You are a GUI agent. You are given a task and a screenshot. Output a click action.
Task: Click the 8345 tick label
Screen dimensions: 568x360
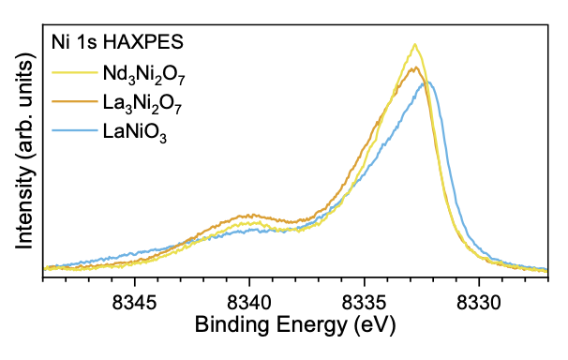click(x=134, y=303)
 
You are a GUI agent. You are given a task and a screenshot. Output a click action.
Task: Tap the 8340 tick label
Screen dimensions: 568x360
click(x=249, y=303)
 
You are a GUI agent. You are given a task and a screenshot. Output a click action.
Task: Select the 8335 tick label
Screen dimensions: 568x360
click(x=365, y=303)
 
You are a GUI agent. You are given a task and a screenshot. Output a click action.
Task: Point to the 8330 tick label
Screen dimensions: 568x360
click(x=479, y=303)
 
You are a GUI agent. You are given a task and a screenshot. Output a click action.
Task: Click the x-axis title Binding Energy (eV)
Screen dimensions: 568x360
click(x=295, y=325)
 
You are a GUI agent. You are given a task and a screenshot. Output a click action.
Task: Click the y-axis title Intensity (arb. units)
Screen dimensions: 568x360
click(x=25, y=151)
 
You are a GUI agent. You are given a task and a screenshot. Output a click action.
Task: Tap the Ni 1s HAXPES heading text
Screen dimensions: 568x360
click(x=117, y=42)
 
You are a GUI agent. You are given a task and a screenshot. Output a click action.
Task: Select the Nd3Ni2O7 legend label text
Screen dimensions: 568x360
click(x=144, y=75)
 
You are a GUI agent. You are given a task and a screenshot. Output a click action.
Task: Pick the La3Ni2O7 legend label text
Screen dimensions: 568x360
click(x=142, y=104)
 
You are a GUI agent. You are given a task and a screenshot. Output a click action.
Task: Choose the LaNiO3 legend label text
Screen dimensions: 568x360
click(x=135, y=133)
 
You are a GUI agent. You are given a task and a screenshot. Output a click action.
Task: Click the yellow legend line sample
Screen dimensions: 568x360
click(x=75, y=73)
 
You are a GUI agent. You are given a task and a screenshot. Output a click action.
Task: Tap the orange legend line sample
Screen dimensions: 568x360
click(x=75, y=102)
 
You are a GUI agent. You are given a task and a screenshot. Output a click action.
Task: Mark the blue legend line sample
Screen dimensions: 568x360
click(x=75, y=130)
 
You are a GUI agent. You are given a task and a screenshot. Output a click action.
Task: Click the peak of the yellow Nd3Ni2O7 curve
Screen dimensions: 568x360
click(x=415, y=45)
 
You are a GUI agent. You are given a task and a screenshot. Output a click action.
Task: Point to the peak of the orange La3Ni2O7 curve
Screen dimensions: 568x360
click(x=416, y=67)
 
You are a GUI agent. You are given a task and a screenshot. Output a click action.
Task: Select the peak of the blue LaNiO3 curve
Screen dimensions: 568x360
click(x=427, y=82)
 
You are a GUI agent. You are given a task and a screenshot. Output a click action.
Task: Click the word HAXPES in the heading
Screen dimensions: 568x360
click(x=143, y=42)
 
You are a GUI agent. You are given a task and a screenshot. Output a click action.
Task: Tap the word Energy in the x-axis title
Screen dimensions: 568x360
click(x=312, y=325)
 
